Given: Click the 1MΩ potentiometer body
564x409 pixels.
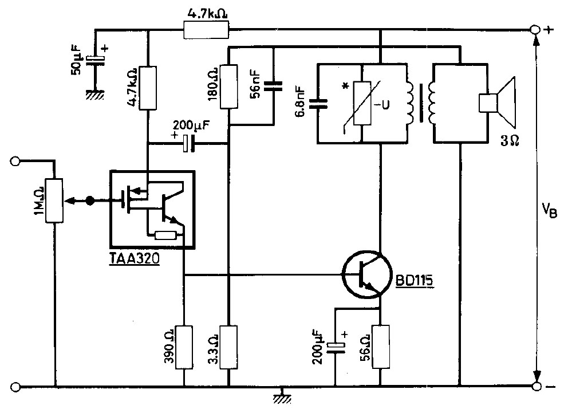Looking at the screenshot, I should tap(55, 200).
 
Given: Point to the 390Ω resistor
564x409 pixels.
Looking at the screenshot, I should tap(184, 347).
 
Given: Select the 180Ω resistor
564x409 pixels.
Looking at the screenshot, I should tap(228, 86).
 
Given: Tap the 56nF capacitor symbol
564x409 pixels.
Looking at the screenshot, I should tap(274, 86).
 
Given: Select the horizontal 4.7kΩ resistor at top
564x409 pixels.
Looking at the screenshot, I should tap(206, 29).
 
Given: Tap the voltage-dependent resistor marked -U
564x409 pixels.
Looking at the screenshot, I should tap(361, 104).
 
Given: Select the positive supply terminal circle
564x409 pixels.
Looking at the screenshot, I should tap(536, 30).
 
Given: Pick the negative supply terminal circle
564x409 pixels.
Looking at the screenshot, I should tap(536, 387).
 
